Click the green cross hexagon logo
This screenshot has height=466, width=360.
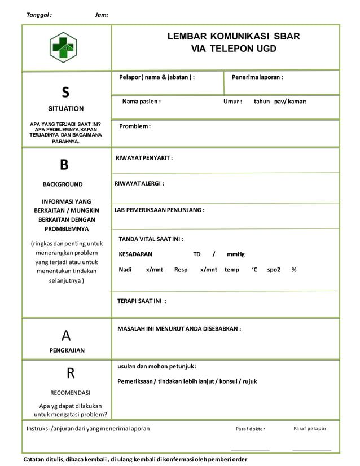pyautogui.click(x=63, y=47)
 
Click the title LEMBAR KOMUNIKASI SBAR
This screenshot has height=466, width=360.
pyautogui.click(x=233, y=37)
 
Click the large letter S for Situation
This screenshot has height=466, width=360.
pyautogui.click(x=65, y=91)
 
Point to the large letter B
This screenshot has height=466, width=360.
pyautogui.click(x=64, y=165)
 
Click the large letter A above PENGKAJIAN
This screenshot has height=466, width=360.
pyautogui.click(x=65, y=336)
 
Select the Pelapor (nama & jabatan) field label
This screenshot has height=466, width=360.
pyautogui.click(x=156, y=77)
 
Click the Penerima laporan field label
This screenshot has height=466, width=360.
pyautogui.click(x=257, y=77)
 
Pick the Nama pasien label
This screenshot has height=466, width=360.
pyautogui.click(x=141, y=102)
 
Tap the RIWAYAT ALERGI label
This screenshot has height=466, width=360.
pyautogui.click(x=139, y=183)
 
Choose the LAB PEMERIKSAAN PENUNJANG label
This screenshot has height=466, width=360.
pyautogui.click(x=159, y=210)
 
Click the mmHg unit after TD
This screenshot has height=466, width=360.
pyautogui.click(x=236, y=254)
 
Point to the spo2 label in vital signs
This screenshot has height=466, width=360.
pyautogui.click(x=274, y=270)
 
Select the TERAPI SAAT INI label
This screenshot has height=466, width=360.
pyautogui.click(x=142, y=301)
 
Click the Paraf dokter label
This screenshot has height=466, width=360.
pyautogui.click(x=250, y=429)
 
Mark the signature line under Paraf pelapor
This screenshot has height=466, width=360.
pyautogui.click(x=311, y=450)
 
